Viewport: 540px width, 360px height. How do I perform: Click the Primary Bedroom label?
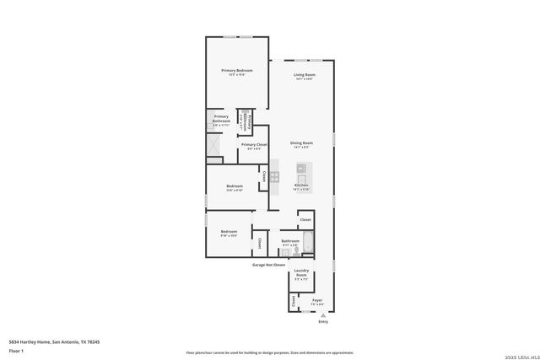point(237,70)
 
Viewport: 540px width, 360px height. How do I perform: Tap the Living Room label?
point(304,76)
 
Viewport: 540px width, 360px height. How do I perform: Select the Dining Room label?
point(301,143)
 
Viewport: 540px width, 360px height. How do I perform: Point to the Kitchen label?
point(301,185)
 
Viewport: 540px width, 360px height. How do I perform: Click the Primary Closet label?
point(254,145)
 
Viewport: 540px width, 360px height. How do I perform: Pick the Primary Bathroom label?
point(221,119)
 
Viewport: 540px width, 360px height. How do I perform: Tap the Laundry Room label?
point(301,272)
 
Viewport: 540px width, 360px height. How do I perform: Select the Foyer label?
point(317,299)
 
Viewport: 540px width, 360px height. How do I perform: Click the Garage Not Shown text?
point(268,265)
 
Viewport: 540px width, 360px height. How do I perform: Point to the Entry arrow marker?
point(322,315)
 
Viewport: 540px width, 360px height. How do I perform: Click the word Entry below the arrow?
point(322,322)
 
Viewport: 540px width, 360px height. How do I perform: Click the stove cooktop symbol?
point(274,177)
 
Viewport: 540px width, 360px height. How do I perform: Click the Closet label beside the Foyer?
point(294,300)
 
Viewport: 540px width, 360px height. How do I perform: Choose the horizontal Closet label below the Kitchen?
point(305,220)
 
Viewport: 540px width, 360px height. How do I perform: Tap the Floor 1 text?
point(16,349)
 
